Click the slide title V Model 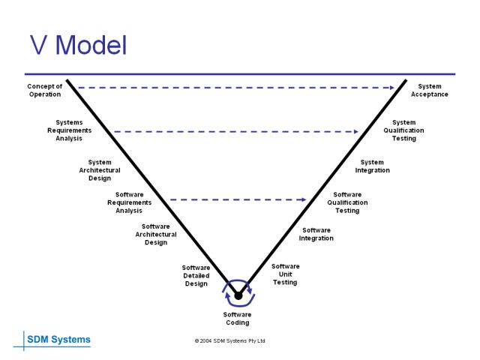[x=78, y=45]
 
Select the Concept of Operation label [x=45, y=90]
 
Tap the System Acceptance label [x=430, y=90]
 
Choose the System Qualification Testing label [x=403, y=130]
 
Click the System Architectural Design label [x=100, y=170]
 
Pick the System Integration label [x=372, y=166]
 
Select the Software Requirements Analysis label [x=129, y=202]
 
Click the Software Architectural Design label [x=156, y=235]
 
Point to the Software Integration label [x=316, y=234]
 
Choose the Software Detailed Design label [x=196, y=275]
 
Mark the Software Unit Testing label [x=285, y=274]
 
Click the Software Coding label [x=238, y=319]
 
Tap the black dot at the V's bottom [x=238, y=295]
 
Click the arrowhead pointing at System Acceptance [x=391, y=88]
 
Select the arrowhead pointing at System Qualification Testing [x=357, y=131]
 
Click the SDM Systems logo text [x=58, y=340]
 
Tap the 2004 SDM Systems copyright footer [x=229, y=340]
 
